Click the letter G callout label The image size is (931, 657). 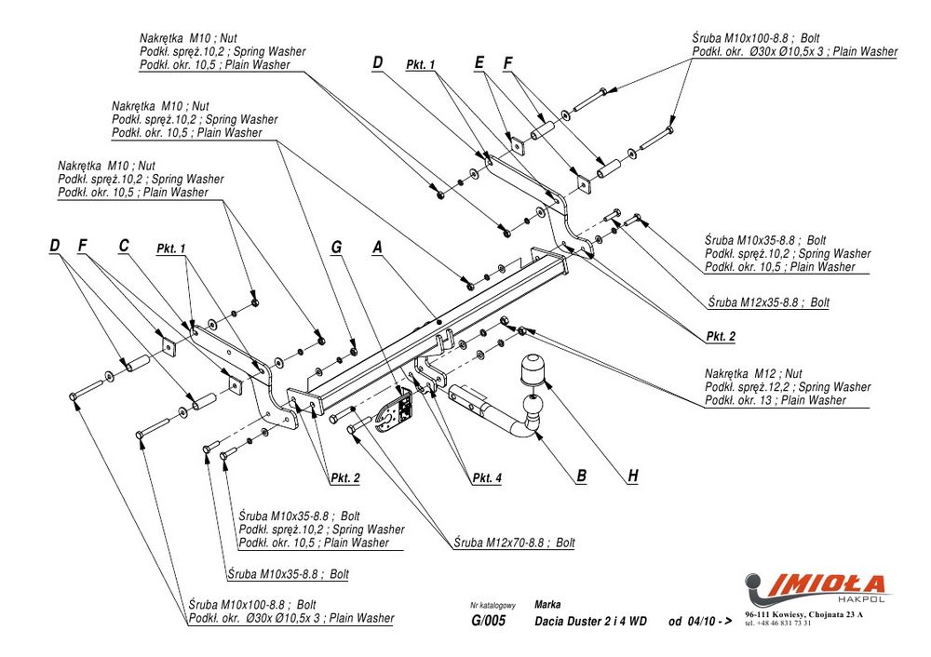click(337, 247)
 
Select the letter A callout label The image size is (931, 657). click(377, 247)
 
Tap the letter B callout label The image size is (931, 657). click(581, 476)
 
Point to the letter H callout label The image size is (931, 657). click(633, 476)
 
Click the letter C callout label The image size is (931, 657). click(123, 246)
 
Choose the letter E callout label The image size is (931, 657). click(479, 62)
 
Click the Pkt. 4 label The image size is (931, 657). click(487, 478)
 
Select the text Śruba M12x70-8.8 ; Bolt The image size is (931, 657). click(515, 543)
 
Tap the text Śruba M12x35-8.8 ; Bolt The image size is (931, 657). click(768, 302)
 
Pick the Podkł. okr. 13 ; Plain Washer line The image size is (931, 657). click(776, 400)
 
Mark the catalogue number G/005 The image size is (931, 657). click(488, 622)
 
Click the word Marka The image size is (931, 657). click(548, 604)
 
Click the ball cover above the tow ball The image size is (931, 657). click(531, 368)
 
